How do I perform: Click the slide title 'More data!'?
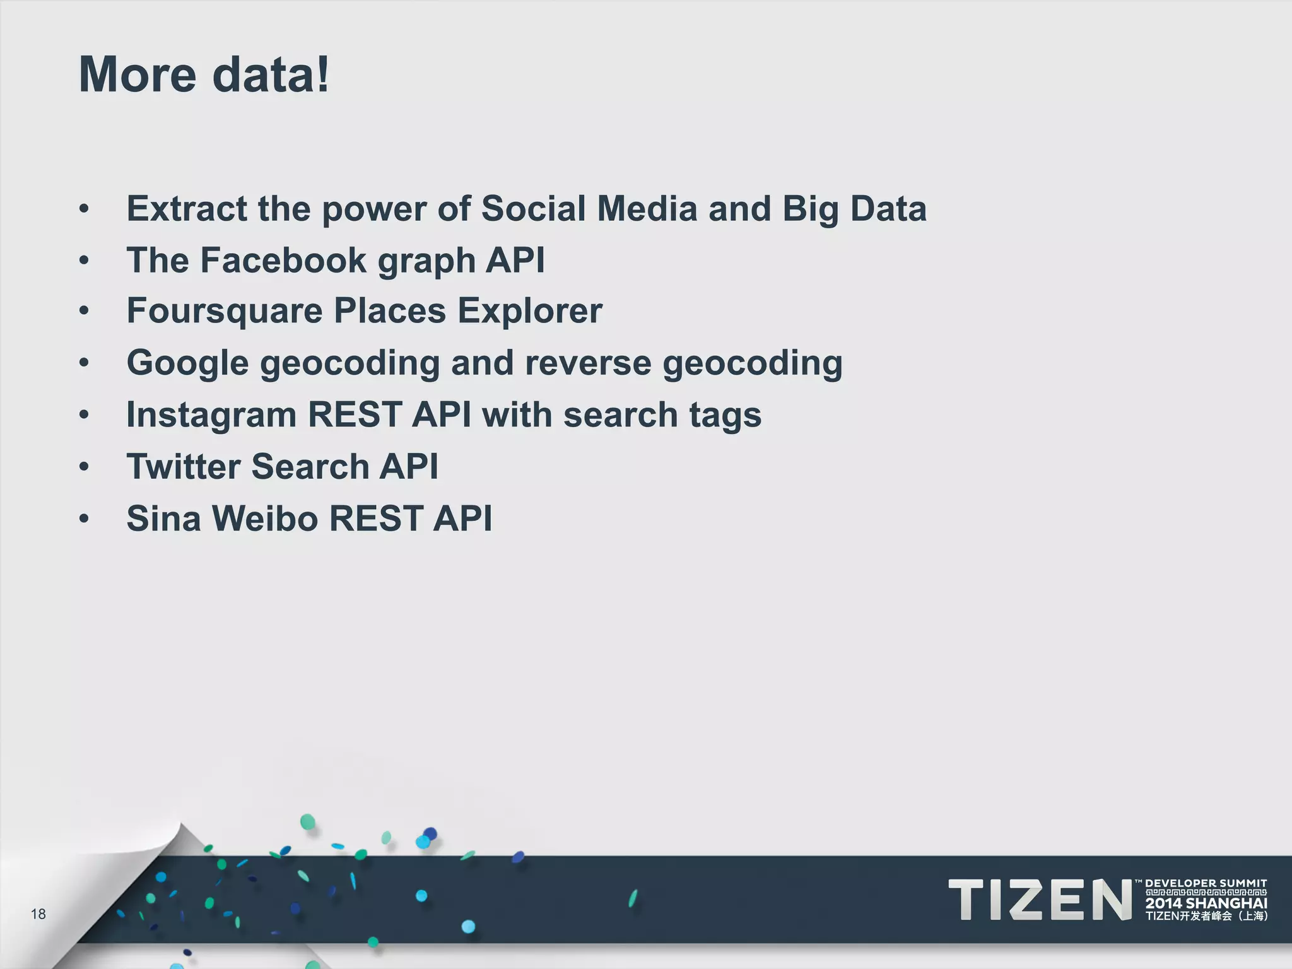204,74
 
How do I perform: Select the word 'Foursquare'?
225,311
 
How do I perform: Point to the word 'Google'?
187,363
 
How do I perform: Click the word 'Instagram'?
211,414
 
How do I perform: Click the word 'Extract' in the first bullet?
187,208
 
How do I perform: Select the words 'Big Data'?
854,208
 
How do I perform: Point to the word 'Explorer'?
530,311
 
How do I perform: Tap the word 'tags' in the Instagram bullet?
725,416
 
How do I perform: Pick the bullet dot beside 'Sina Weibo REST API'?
85,519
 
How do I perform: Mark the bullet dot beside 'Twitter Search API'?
85,467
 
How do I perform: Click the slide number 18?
38,914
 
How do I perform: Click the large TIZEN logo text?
1040,900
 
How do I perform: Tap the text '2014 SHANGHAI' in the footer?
1206,903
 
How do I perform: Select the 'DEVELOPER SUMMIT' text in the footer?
1206,883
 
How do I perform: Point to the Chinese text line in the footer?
1206,916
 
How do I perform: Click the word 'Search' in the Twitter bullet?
310,466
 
